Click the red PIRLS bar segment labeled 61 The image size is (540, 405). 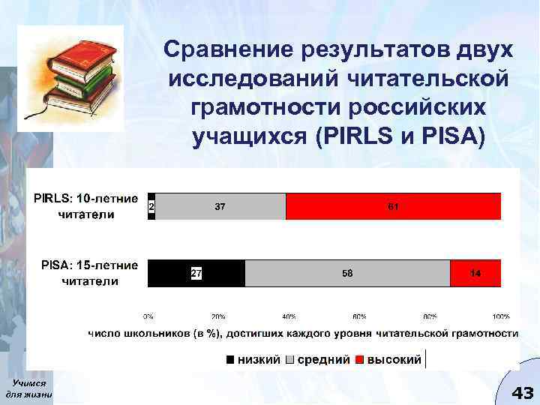click(x=393, y=206)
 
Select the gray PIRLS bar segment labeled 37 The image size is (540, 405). click(x=220, y=206)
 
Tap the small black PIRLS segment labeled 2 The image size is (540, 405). click(x=151, y=206)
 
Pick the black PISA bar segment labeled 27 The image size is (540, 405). click(x=196, y=274)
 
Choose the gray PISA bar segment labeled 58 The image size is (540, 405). click(x=347, y=274)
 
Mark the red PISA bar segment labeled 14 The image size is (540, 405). click(x=475, y=274)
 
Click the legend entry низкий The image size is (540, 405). click(x=251, y=360)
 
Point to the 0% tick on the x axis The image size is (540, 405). click(x=148, y=316)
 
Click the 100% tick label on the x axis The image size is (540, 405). click(x=500, y=316)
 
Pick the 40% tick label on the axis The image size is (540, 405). click(x=289, y=316)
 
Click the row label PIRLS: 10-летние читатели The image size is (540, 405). click(x=88, y=206)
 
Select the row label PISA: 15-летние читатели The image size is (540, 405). click(x=89, y=273)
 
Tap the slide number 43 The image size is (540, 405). click(x=521, y=392)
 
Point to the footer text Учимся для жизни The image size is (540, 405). click(x=28, y=389)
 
